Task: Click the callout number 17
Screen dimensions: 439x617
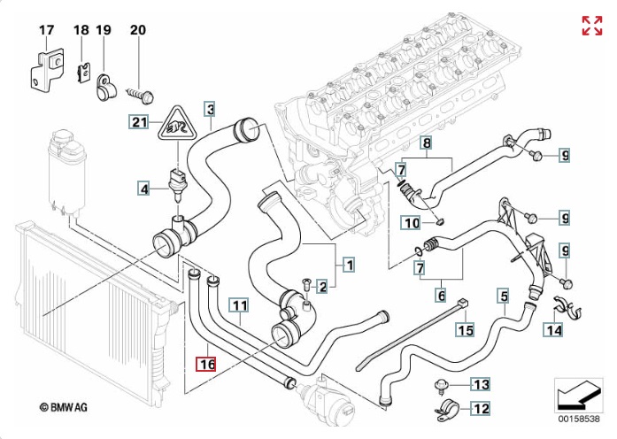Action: click(47, 30)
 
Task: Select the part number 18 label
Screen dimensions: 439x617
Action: click(81, 30)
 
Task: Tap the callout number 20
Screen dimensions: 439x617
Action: click(137, 30)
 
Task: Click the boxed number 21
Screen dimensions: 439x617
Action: click(139, 121)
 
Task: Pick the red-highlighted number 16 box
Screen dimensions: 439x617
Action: click(205, 364)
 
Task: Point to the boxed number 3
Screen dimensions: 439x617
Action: click(210, 110)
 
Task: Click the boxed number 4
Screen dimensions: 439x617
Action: click(143, 187)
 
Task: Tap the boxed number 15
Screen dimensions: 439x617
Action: click(466, 330)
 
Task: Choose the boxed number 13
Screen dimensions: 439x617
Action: click(480, 384)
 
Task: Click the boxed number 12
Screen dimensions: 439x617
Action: click(480, 409)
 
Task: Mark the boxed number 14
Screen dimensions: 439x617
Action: click(553, 330)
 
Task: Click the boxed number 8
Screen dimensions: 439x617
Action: click(426, 142)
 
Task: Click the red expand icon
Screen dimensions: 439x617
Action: click(591, 26)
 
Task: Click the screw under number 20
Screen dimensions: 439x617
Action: click(142, 90)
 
